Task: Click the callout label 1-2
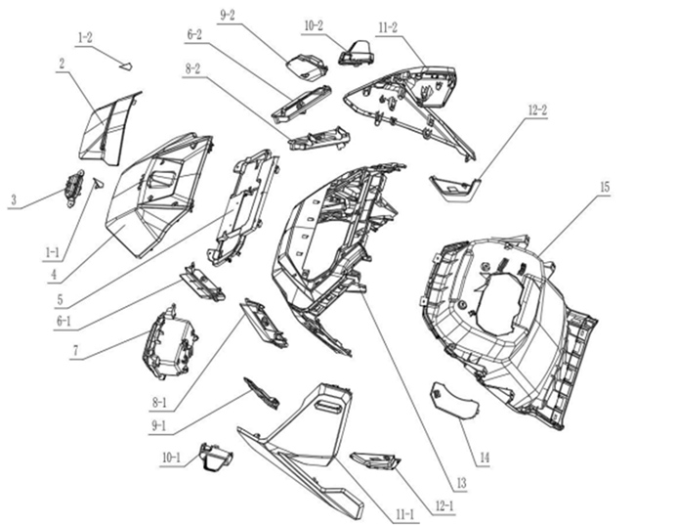(85, 38)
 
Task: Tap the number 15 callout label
(605, 187)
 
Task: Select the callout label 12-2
(537, 110)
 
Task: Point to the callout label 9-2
(227, 16)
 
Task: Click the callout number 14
(485, 458)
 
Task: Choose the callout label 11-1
(404, 514)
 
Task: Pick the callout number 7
(76, 350)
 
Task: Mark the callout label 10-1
(171, 458)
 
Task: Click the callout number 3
(14, 199)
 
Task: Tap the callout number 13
(461, 483)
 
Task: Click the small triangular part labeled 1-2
(126, 66)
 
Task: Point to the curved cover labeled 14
(454, 400)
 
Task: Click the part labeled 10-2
(357, 53)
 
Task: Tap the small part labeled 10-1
(215, 457)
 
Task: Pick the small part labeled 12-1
(375, 460)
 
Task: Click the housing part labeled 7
(170, 342)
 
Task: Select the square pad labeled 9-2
(306, 66)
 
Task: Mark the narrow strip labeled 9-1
(262, 393)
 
